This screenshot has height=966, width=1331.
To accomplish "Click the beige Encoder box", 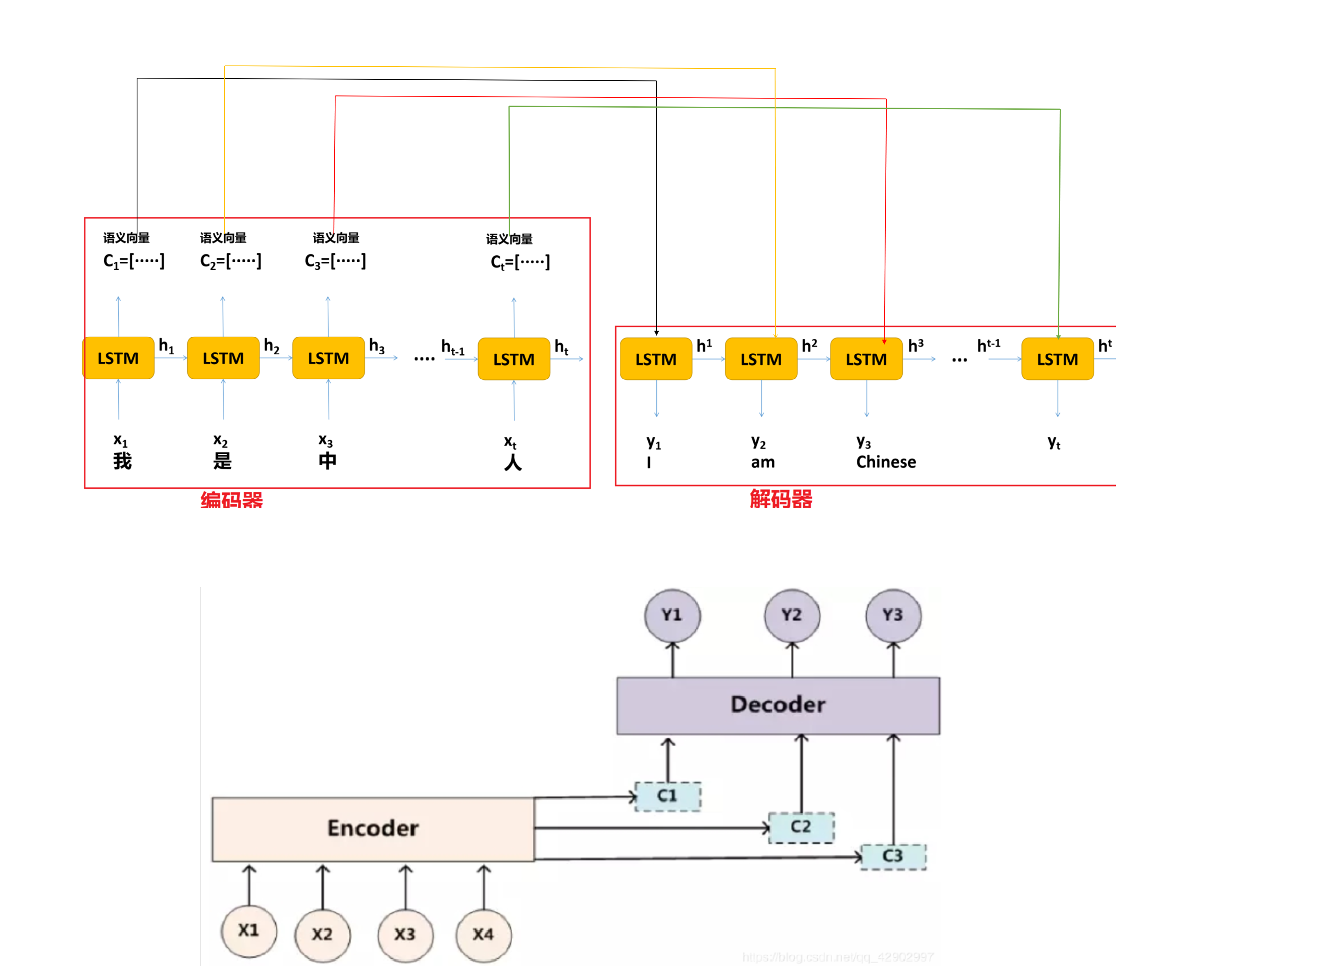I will [373, 828].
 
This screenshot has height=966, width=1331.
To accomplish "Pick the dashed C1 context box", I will [667, 796].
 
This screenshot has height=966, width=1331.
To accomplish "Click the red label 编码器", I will [232, 500].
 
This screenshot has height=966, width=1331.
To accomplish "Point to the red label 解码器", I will [781, 499].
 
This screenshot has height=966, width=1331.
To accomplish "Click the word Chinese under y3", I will [885, 462].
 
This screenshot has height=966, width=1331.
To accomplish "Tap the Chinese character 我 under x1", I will [122, 461].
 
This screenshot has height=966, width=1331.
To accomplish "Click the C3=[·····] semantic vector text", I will [335, 261].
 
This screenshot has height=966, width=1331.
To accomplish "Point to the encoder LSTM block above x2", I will [223, 358].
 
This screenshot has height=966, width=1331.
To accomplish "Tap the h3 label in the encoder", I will [376, 346].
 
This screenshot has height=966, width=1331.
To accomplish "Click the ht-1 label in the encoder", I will [453, 347].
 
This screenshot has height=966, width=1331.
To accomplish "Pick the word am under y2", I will [762, 462].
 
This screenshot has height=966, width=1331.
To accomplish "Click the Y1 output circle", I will [672, 615].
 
